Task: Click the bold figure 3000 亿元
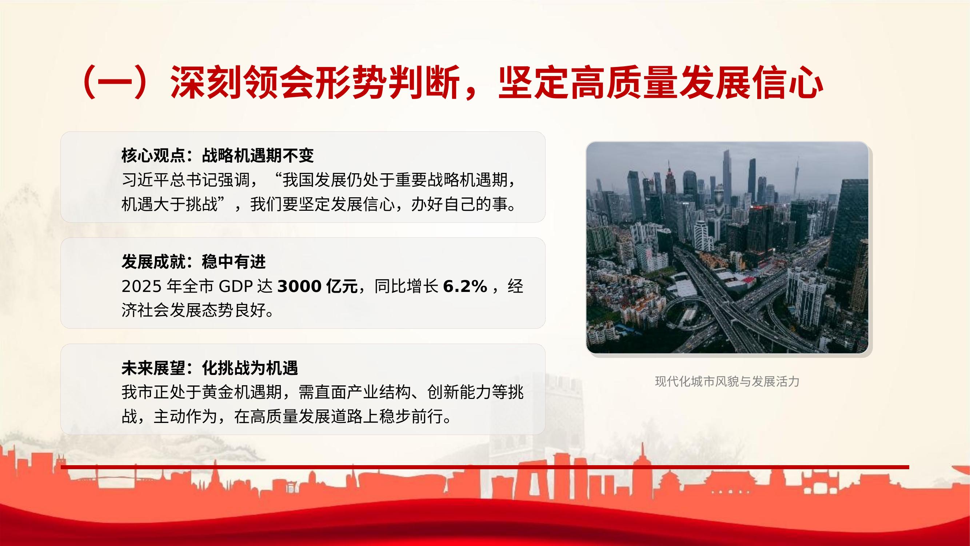(318, 287)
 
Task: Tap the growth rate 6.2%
(465, 287)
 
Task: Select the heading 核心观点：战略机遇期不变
(217, 155)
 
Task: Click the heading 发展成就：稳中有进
(193, 262)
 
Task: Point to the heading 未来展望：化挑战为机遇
(210, 368)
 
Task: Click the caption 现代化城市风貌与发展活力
(727, 382)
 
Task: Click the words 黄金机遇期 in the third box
(242, 393)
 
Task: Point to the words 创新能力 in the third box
(459, 393)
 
